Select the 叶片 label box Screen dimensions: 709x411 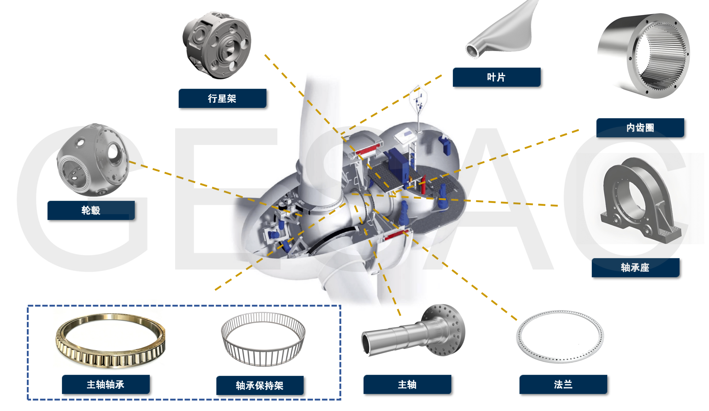(x=496, y=77)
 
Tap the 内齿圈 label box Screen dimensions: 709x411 (x=640, y=128)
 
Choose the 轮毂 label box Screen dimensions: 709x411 (x=91, y=210)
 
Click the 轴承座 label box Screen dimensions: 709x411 (x=635, y=268)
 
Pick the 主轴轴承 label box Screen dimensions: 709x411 (x=106, y=384)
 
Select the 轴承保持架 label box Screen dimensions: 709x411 (x=260, y=386)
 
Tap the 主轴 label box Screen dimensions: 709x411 (x=407, y=384)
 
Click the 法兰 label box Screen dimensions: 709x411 (x=563, y=384)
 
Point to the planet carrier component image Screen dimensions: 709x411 (x=217, y=45)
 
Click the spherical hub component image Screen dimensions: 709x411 (x=93, y=160)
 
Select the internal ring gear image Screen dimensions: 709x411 (x=644, y=56)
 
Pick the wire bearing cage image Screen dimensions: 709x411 (x=263, y=339)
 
